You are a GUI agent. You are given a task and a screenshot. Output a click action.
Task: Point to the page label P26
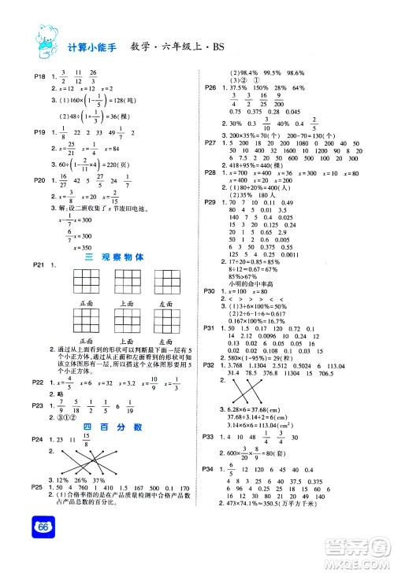[210, 87]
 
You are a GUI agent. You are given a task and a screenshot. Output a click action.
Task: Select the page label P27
[210, 142]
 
